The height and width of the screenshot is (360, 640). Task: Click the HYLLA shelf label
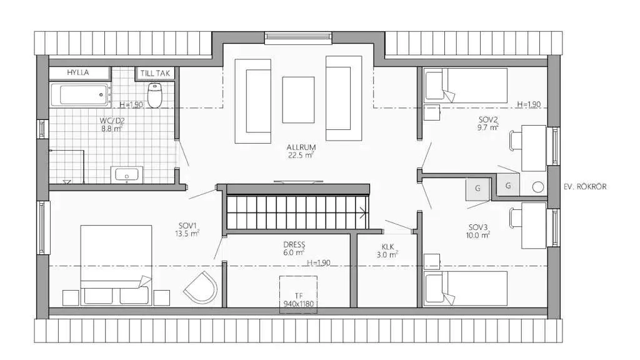click(78, 72)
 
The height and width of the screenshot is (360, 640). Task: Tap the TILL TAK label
click(155, 74)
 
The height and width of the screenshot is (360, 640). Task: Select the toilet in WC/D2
click(154, 95)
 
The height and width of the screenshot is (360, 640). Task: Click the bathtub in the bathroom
click(79, 95)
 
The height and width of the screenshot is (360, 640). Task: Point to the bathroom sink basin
click(126, 175)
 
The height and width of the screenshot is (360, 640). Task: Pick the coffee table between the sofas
click(298, 99)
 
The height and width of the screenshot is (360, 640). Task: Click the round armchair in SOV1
click(200, 287)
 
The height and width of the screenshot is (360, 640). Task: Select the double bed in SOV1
click(116, 265)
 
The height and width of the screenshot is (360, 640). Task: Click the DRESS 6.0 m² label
click(294, 248)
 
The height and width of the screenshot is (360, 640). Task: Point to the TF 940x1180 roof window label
click(298, 299)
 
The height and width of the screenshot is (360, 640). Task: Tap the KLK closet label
click(387, 251)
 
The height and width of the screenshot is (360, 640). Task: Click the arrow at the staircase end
click(362, 212)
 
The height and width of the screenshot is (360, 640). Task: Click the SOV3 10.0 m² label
click(478, 231)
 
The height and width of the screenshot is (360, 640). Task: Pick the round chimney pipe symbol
click(538, 187)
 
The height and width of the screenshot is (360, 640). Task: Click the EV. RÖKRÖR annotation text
click(585, 187)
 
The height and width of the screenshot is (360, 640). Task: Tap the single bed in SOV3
click(465, 289)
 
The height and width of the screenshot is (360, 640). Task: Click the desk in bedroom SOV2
click(534, 148)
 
